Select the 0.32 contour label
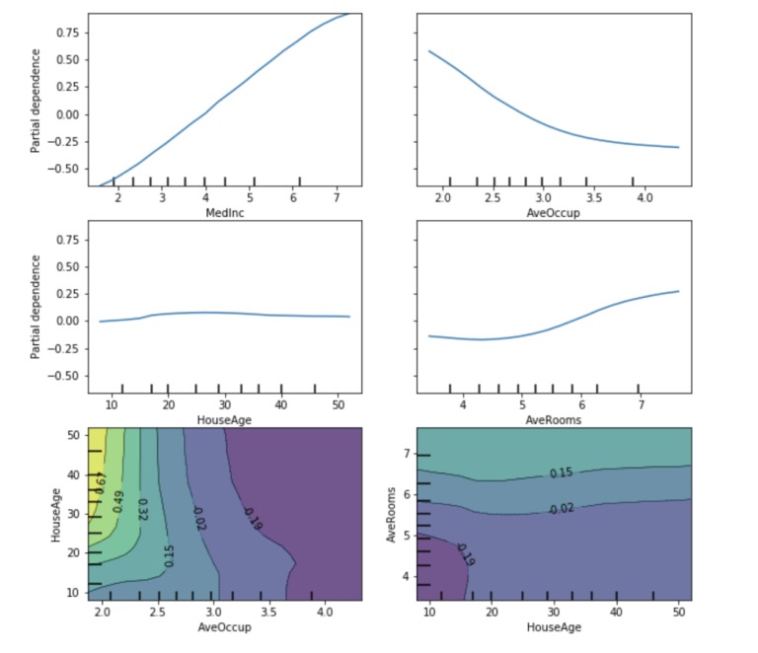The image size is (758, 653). (142, 509)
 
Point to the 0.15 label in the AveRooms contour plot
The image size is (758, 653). (562, 473)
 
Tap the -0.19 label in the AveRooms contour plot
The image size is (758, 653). (465, 554)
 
